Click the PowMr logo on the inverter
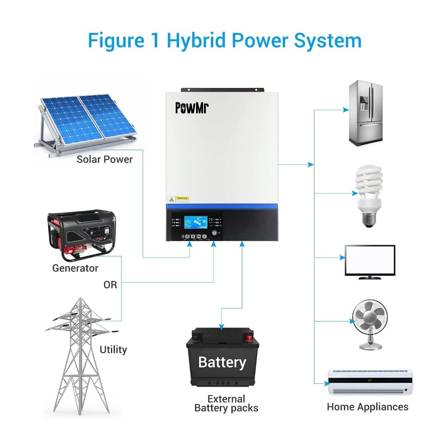(192, 107)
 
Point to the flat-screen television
(370, 261)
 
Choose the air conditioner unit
(370, 382)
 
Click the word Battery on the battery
(222, 362)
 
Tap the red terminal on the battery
(249, 338)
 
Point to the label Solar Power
(105, 159)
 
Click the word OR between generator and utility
(110, 285)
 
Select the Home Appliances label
(368, 407)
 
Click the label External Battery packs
(226, 404)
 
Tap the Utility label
(113, 350)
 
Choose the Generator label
(75, 268)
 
